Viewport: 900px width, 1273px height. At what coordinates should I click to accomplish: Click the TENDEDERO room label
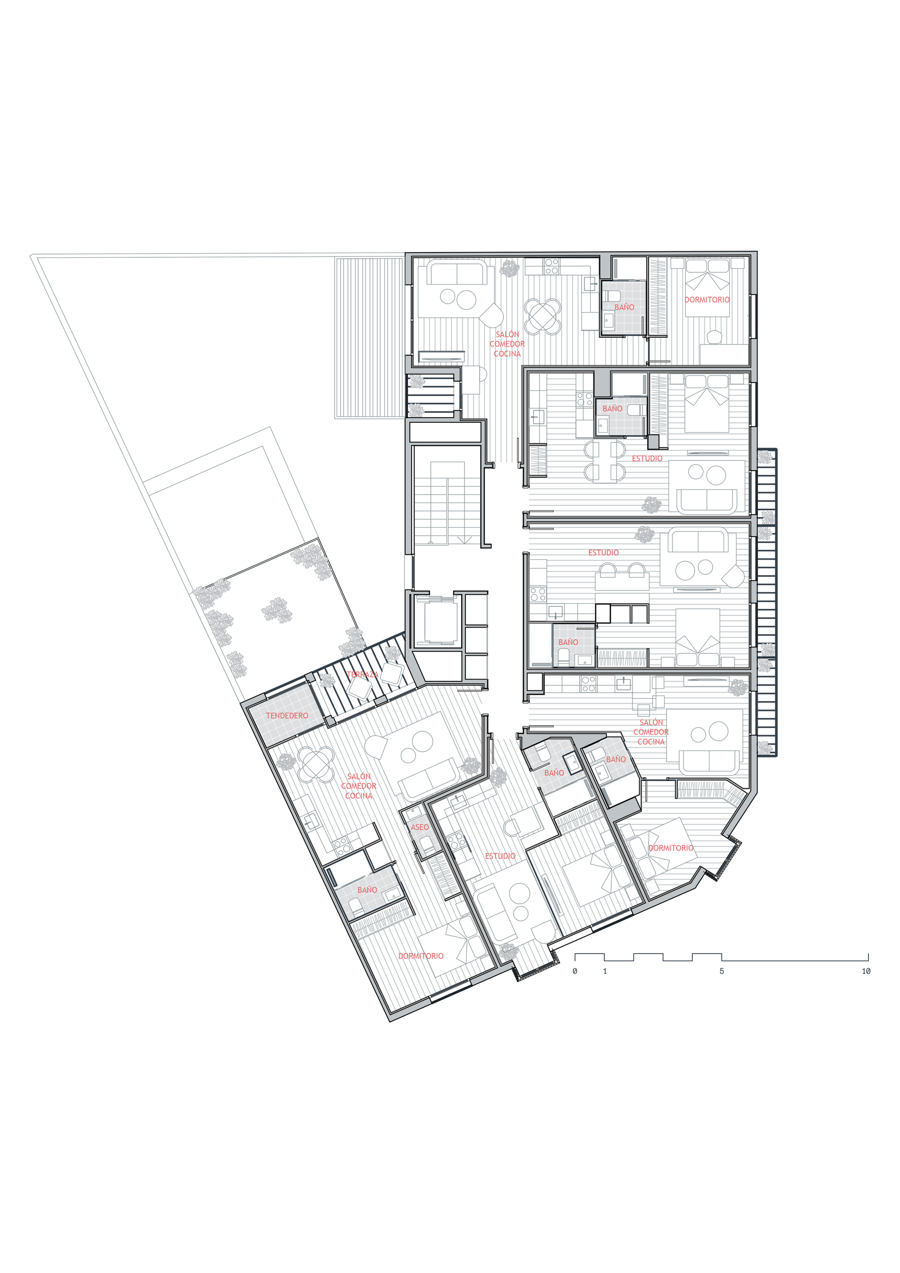click(x=287, y=716)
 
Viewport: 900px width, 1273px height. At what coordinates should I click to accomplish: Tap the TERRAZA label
click(x=363, y=675)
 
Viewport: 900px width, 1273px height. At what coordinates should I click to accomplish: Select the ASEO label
click(x=420, y=827)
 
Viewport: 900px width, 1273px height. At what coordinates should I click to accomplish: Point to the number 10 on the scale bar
click(x=866, y=971)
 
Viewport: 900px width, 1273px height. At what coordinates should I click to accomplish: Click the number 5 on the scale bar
click(x=721, y=971)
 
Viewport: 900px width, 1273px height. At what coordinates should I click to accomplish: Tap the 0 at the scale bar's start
click(x=575, y=971)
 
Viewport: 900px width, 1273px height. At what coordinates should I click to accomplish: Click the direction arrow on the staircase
click(x=464, y=539)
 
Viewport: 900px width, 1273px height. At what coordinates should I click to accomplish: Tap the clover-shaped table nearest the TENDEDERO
click(x=316, y=764)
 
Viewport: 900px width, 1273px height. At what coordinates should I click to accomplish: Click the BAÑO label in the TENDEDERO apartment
click(x=367, y=890)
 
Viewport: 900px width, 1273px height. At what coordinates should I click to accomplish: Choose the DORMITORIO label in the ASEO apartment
click(x=421, y=956)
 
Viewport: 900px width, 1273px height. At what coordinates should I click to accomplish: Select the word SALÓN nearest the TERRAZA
click(x=359, y=776)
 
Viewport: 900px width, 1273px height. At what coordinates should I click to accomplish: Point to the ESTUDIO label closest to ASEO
click(x=500, y=856)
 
